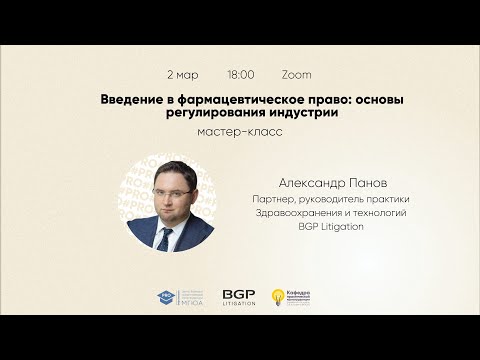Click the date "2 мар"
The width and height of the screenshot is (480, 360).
coord(182,75)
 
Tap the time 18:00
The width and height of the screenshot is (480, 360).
coord(241,75)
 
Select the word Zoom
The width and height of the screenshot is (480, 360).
coord(297,75)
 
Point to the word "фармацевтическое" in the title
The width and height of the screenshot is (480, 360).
coord(220,102)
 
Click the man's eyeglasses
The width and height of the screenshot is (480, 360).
coord(168,180)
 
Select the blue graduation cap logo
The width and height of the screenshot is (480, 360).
coord(166,298)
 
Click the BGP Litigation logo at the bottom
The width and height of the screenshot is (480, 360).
coord(240,298)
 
